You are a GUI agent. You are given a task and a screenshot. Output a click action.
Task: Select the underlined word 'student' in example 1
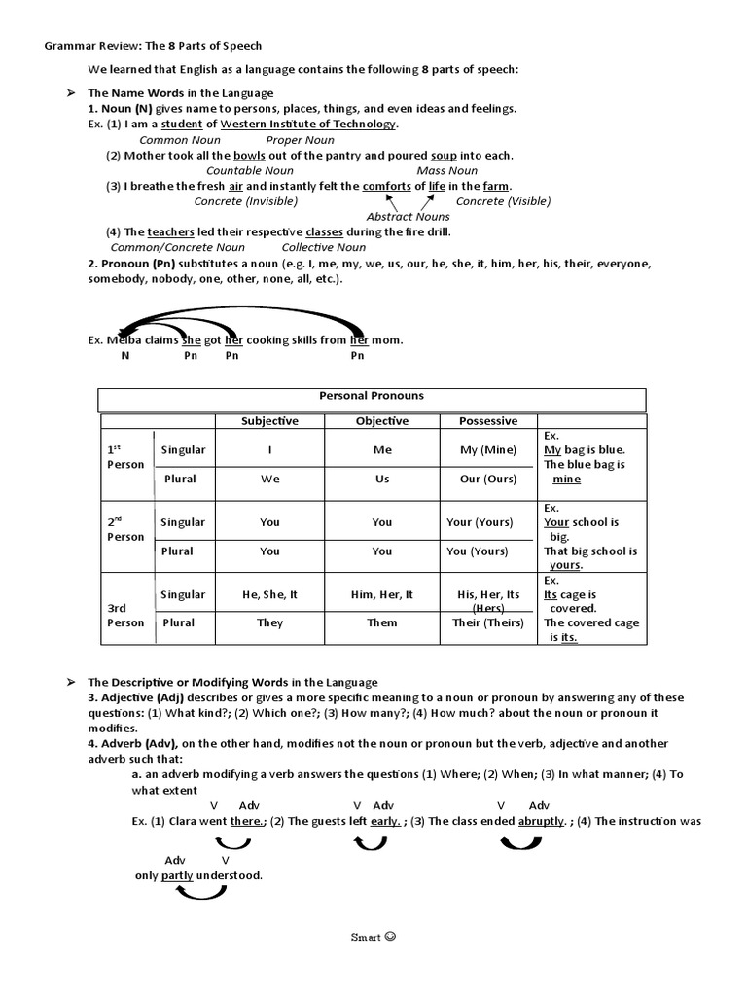pos(182,124)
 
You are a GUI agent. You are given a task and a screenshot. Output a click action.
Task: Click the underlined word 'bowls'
pos(251,156)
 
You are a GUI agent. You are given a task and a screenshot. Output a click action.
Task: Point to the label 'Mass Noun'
pos(446,171)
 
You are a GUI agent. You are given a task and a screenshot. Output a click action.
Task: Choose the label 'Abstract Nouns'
pos(408,217)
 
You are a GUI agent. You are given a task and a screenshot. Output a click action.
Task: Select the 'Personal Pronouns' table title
pos(372,397)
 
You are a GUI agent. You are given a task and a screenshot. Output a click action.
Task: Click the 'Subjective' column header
pos(269,421)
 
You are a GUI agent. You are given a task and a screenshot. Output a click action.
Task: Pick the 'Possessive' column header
pos(488,421)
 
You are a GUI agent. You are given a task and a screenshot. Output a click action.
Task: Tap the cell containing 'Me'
pos(381,450)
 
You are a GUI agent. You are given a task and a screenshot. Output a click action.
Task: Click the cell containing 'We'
pos(269,479)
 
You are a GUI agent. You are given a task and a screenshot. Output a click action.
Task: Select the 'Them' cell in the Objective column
pos(381,622)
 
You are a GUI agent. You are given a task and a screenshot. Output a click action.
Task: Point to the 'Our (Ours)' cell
pos(488,479)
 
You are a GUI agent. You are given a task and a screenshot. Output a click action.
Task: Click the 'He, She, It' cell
pos(269,594)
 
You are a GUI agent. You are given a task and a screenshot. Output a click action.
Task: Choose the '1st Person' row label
pos(125,457)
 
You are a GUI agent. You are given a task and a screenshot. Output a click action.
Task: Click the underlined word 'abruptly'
pos(542,821)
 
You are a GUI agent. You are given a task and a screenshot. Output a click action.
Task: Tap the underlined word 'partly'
pos(177,875)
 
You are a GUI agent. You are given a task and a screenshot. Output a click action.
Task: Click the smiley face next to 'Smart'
pos(391,938)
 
